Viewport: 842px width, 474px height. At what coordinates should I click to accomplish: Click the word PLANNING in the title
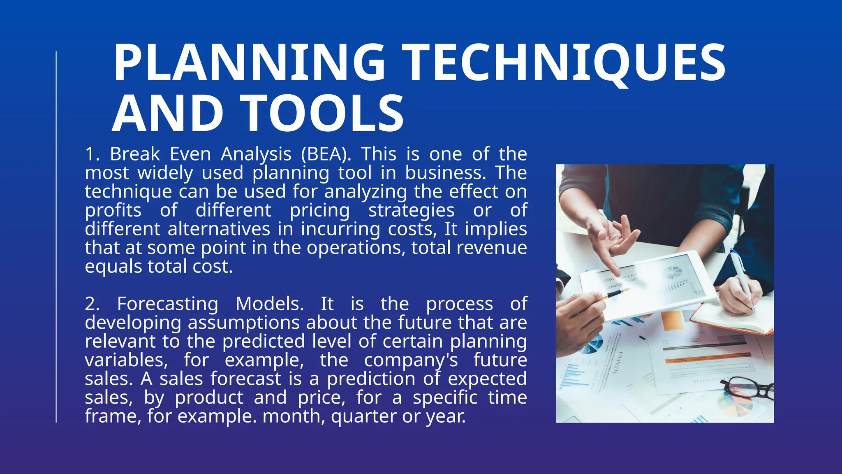click(249, 63)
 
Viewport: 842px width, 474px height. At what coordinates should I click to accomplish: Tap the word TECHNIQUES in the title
click(563, 63)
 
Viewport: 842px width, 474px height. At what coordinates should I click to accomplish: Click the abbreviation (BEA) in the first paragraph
click(326, 154)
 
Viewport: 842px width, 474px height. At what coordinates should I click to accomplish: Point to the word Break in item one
click(135, 154)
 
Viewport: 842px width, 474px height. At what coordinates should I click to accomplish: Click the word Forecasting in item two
click(167, 304)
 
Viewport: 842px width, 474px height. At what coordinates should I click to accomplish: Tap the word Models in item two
click(270, 304)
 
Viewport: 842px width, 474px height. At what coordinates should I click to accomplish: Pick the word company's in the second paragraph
click(411, 360)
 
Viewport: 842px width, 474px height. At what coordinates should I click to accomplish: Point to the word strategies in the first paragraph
click(411, 211)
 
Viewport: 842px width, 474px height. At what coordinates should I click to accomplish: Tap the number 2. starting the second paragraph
click(93, 304)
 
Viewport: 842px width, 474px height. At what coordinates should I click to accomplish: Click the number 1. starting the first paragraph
click(93, 154)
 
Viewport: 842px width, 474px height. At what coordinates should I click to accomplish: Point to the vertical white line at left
click(56, 237)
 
